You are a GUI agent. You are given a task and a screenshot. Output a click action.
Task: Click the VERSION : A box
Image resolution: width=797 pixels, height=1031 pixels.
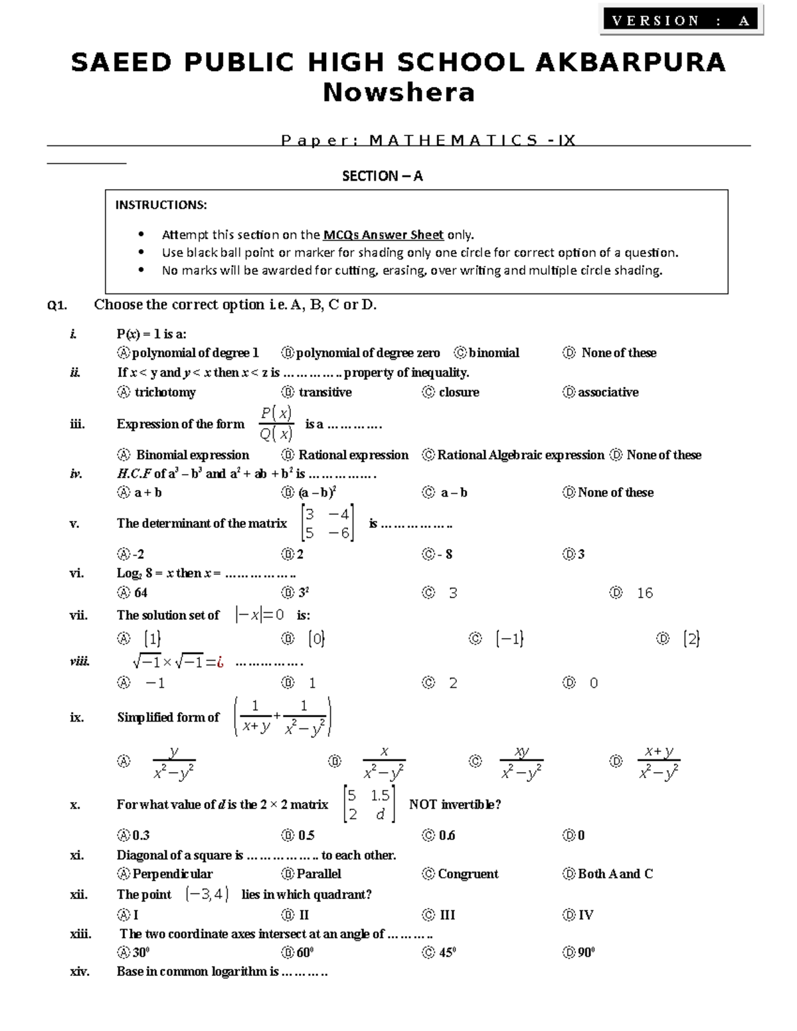click(682, 21)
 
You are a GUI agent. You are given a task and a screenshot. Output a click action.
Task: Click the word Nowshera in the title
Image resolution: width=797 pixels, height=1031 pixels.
click(398, 92)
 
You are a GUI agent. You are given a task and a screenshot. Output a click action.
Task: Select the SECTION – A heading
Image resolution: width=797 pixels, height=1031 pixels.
click(382, 176)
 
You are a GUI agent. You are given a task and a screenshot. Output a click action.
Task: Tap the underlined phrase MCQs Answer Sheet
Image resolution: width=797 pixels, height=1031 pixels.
click(383, 234)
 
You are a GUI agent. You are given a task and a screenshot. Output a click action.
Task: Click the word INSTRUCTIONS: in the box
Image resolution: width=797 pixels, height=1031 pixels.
click(161, 204)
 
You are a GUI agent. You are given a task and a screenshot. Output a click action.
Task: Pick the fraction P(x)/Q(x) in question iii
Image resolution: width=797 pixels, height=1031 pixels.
click(276, 424)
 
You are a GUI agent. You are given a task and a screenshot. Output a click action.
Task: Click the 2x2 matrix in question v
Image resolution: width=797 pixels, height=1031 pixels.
click(327, 523)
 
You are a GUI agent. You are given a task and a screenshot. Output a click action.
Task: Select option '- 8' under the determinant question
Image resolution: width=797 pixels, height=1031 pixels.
click(444, 554)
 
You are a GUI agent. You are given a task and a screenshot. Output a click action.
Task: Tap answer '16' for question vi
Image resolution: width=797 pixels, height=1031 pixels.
click(644, 593)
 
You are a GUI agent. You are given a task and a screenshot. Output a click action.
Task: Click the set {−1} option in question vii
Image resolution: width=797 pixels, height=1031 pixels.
click(509, 639)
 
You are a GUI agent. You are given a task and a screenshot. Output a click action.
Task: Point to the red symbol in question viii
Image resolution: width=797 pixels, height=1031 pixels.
click(219, 662)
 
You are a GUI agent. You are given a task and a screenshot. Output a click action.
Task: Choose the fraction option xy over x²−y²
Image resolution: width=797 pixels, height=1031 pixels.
click(521, 762)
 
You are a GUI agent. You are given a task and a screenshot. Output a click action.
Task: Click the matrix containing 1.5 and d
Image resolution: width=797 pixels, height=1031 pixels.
click(369, 804)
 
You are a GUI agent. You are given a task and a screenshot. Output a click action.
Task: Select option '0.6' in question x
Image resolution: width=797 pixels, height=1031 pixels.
click(446, 835)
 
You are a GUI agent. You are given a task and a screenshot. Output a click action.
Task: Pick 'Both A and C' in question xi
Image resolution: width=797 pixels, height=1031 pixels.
click(614, 874)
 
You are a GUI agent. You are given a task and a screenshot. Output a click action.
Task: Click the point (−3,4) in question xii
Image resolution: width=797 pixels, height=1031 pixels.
click(207, 894)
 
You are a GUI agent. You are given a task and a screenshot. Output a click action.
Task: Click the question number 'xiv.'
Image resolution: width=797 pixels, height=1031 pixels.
click(80, 972)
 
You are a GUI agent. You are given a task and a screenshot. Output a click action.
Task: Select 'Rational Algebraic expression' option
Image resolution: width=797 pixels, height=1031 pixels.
click(520, 455)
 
